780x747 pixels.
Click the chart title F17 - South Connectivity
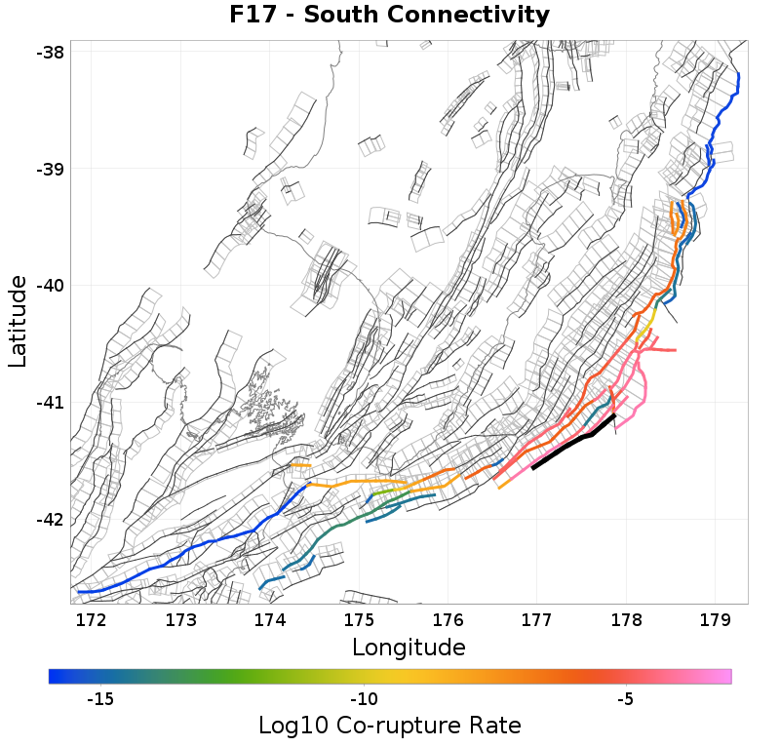coord(389,16)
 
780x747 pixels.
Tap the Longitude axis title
coord(409,647)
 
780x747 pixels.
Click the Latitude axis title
coord(18,321)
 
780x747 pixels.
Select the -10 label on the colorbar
coord(364,699)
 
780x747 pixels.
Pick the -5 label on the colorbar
coord(626,699)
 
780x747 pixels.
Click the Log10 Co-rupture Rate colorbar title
coord(389,726)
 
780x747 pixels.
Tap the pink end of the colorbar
coord(723,676)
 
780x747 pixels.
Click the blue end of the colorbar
coord(57,676)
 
